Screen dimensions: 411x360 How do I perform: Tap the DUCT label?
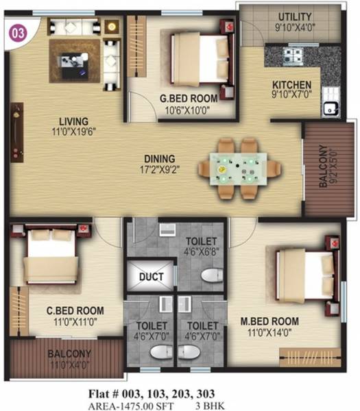click(x=151, y=277)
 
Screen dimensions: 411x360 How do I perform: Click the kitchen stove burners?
click(x=296, y=55)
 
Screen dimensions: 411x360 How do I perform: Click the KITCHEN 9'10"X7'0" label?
click(x=291, y=89)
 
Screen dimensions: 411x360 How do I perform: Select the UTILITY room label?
click(x=295, y=21)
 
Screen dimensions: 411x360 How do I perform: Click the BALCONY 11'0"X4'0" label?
click(x=69, y=358)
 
